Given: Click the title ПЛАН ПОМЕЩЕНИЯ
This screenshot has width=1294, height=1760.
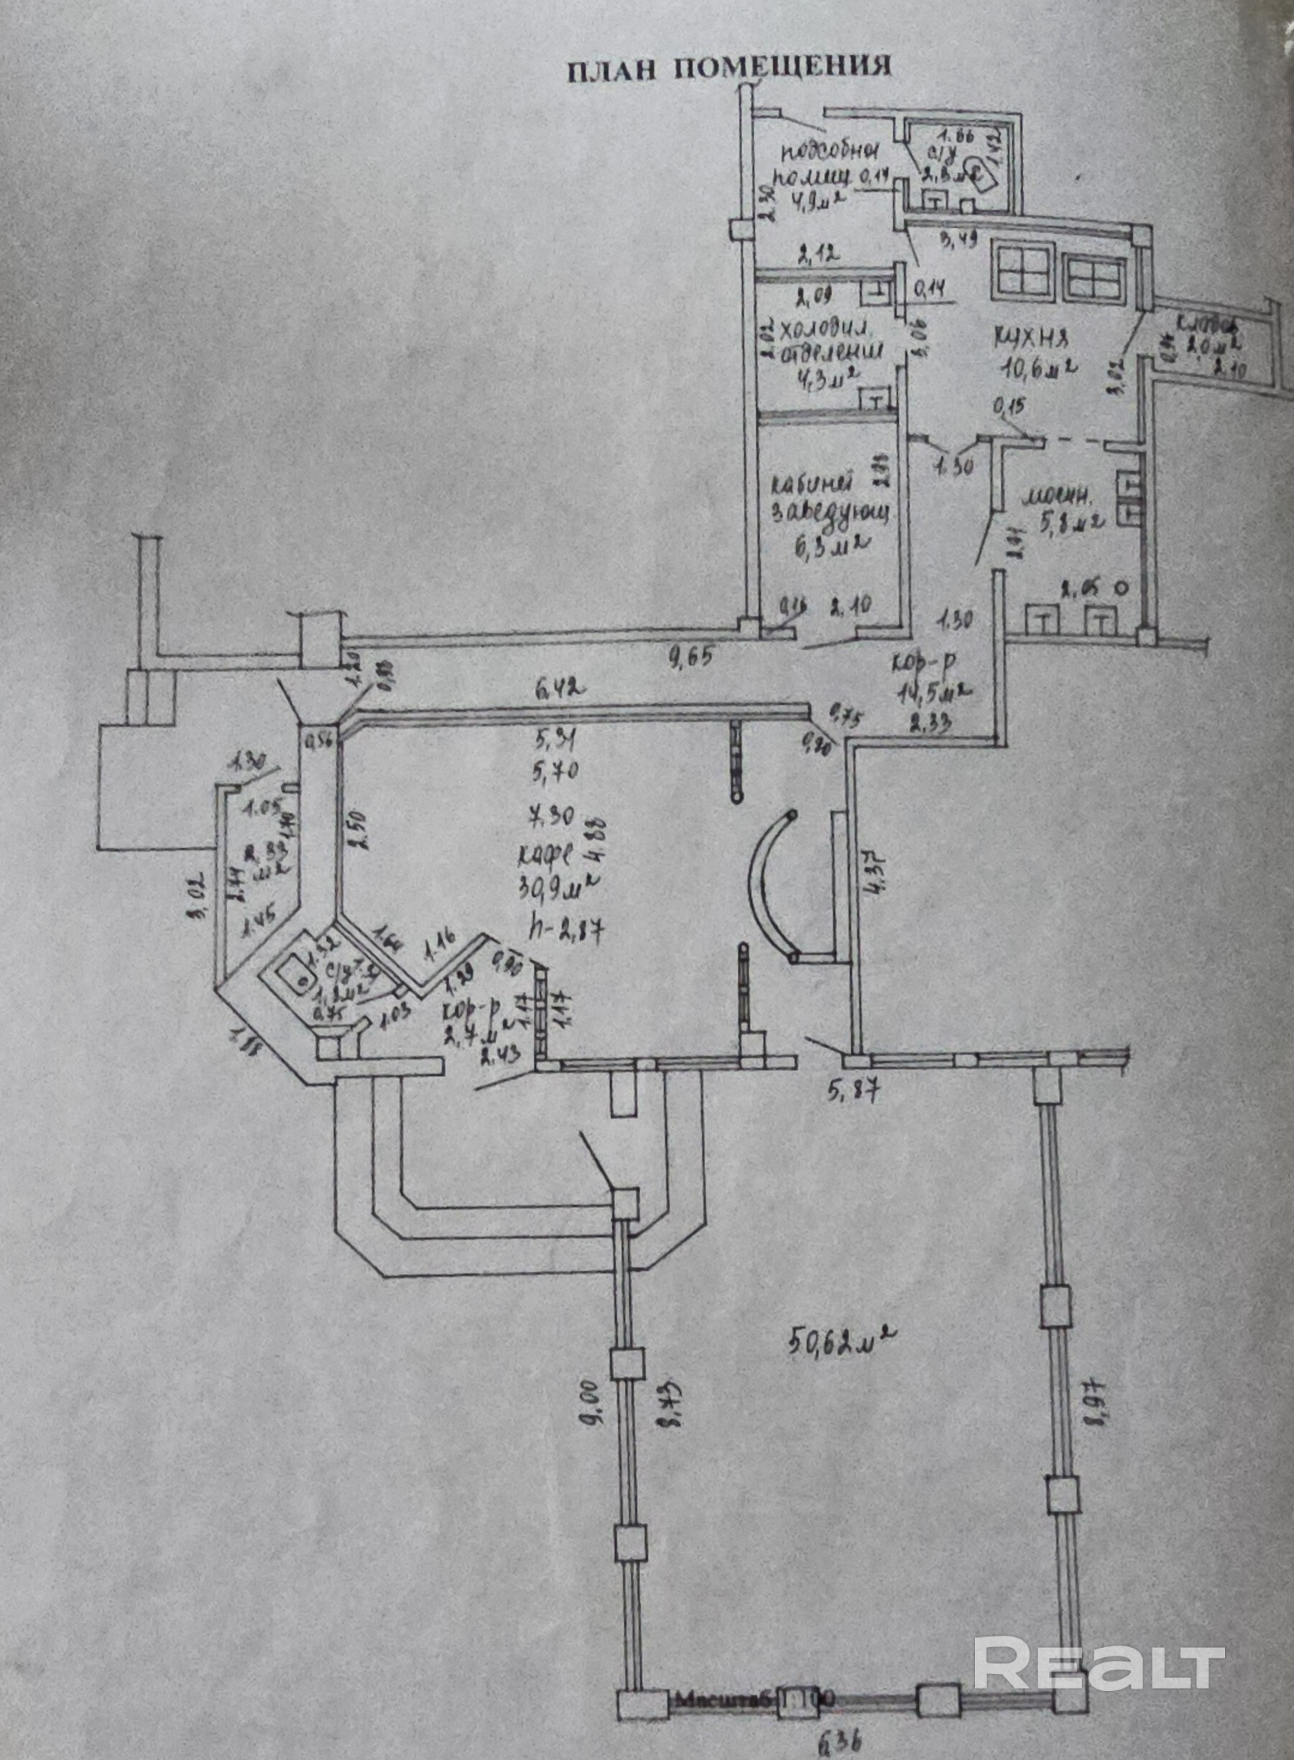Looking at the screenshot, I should tap(729, 68).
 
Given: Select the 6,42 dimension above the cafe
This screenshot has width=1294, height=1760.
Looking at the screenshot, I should tap(561, 690).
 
